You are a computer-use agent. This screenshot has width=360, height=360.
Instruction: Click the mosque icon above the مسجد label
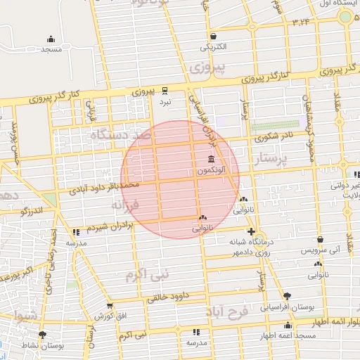[x=51, y=39]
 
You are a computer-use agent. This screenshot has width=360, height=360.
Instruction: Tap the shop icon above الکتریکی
[x=213, y=36]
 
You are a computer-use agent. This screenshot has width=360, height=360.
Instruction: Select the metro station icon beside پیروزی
[x=165, y=90]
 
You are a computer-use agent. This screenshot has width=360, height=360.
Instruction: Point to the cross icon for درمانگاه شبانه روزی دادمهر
[x=250, y=232]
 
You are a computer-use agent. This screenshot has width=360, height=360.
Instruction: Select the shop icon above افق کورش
[x=110, y=305]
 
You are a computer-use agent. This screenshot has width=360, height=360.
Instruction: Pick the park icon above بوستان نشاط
[x=42, y=335]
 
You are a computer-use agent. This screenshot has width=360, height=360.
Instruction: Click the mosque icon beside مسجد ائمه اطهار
[x=287, y=326]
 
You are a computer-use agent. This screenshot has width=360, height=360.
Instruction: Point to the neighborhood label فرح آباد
[x=227, y=311]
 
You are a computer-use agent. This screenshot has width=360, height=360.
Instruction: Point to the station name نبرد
[x=165, y=102]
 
